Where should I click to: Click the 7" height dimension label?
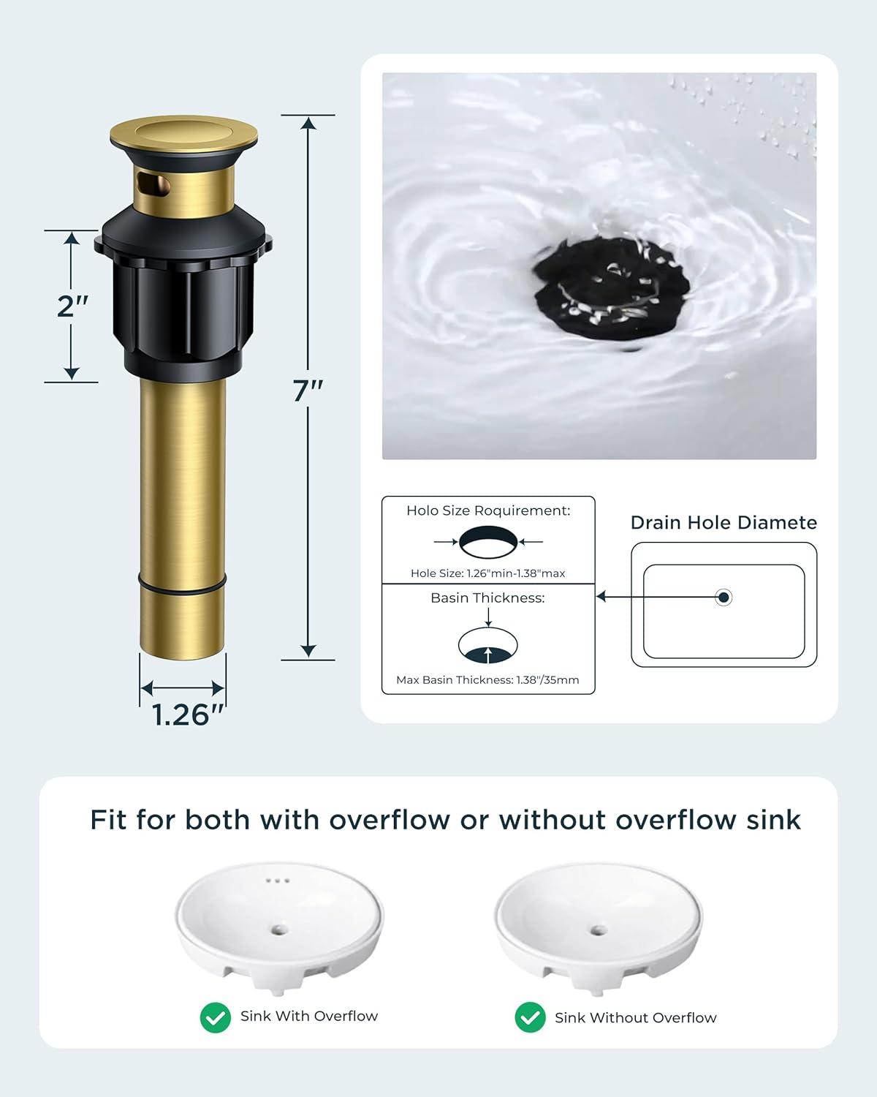(x=307, y=391)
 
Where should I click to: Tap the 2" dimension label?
(x=72, y=306)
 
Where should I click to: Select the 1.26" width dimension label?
(x=188, y=715)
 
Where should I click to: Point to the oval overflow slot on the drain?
(x=153, y=184)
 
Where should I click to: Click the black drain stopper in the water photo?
(x=612, y=289)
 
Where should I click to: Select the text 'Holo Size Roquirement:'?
(x=488, y=510)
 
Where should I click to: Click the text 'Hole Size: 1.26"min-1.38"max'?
(x=487, y=573)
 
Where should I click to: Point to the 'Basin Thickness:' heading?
(x=487, y=597)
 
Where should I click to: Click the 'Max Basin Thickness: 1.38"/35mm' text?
(x=487, y=679)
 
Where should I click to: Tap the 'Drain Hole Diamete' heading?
(x=724, y=522)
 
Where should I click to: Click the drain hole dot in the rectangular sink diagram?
(x=724, y=597)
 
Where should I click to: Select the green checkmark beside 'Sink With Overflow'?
(x=215, y=1017)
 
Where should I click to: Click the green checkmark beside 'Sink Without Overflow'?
(x=530, y=1017)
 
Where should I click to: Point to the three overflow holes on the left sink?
(x=278, y=881)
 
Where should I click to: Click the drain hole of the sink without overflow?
(x=599, y=930)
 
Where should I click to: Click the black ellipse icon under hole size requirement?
(x=488, y=542)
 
